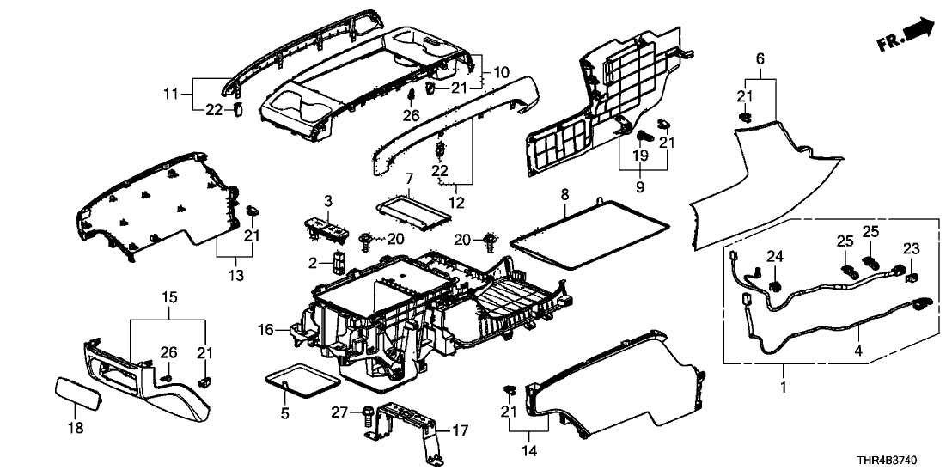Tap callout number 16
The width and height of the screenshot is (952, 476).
(266, 329)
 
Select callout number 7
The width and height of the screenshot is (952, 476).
(409, 178)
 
